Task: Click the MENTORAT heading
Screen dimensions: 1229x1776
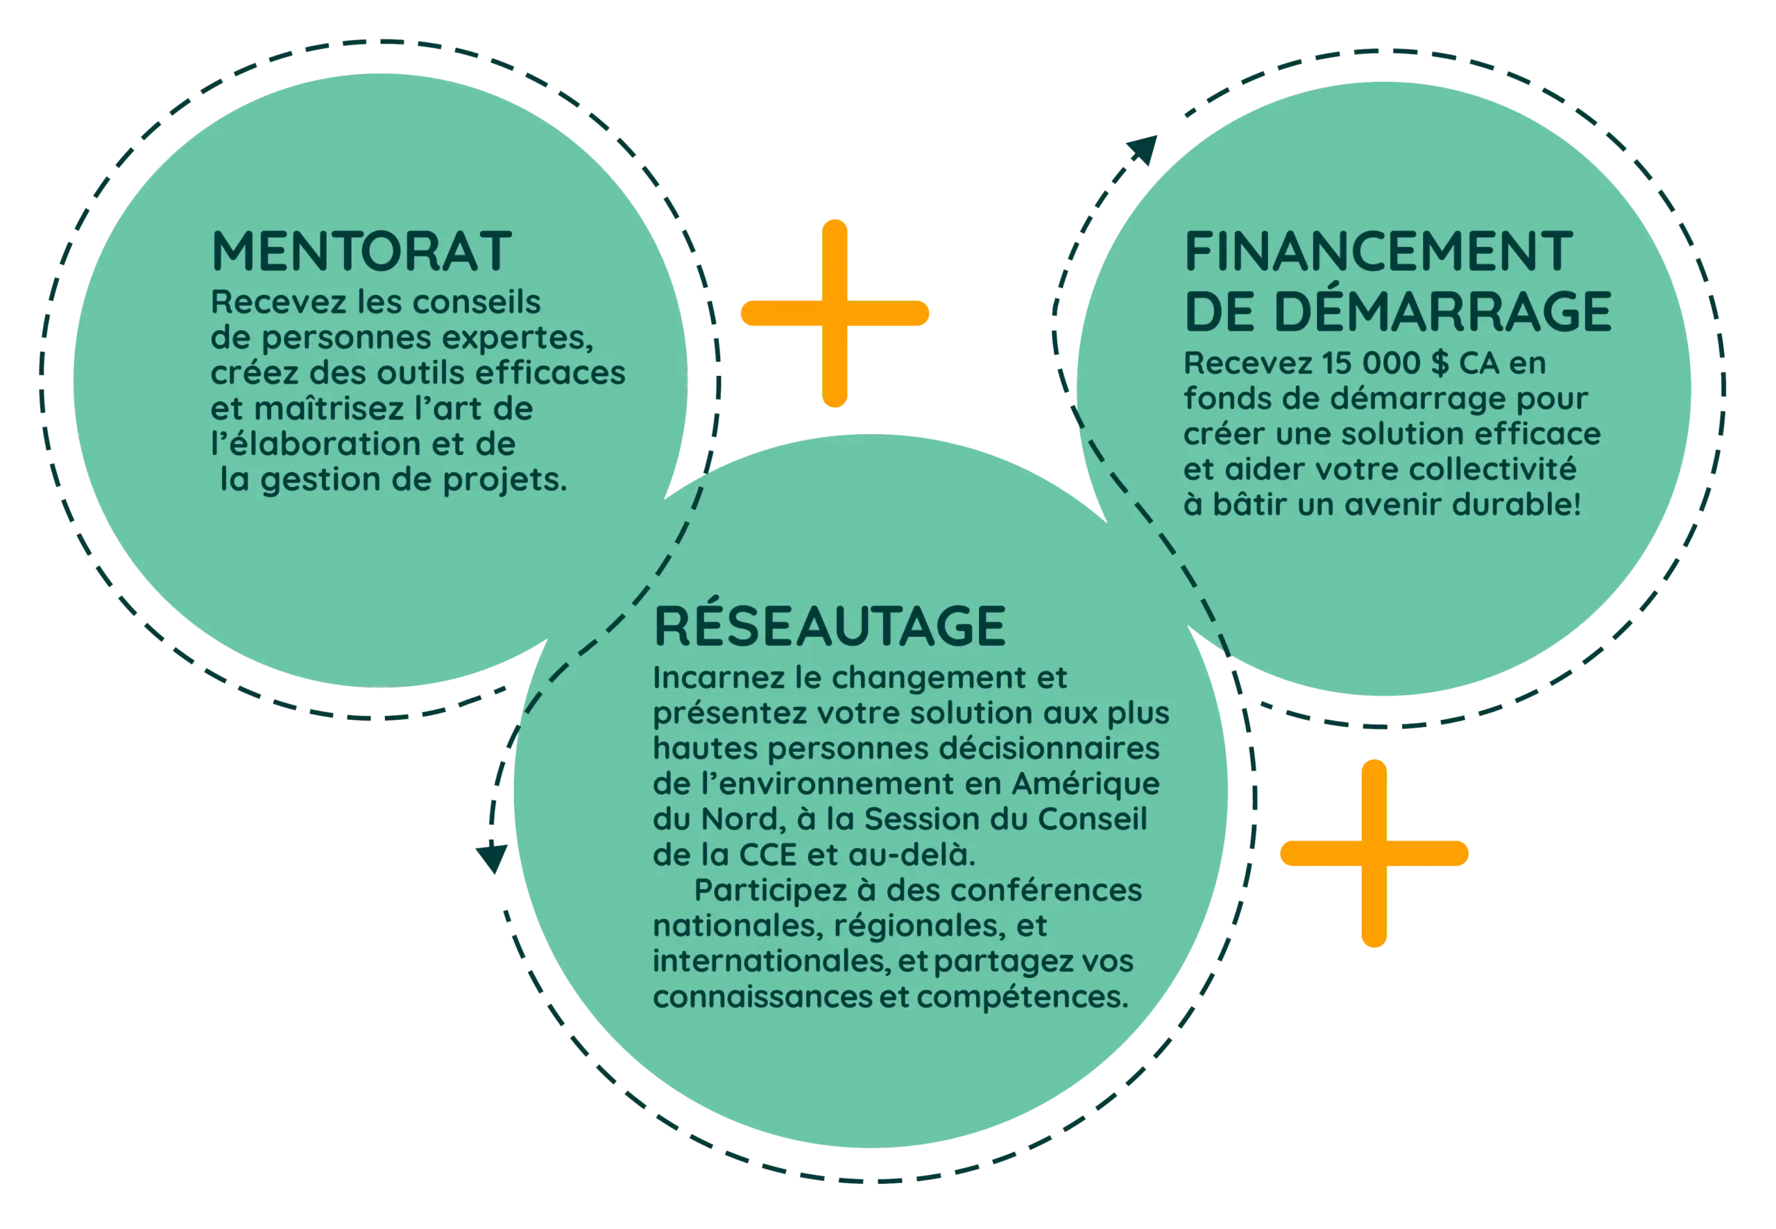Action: pos(361,251)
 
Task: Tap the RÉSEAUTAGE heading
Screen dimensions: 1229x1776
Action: pos(830,626)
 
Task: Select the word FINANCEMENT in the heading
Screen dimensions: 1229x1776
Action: pos(1377,251)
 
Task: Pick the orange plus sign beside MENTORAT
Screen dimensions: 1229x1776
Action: pos(835,313)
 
